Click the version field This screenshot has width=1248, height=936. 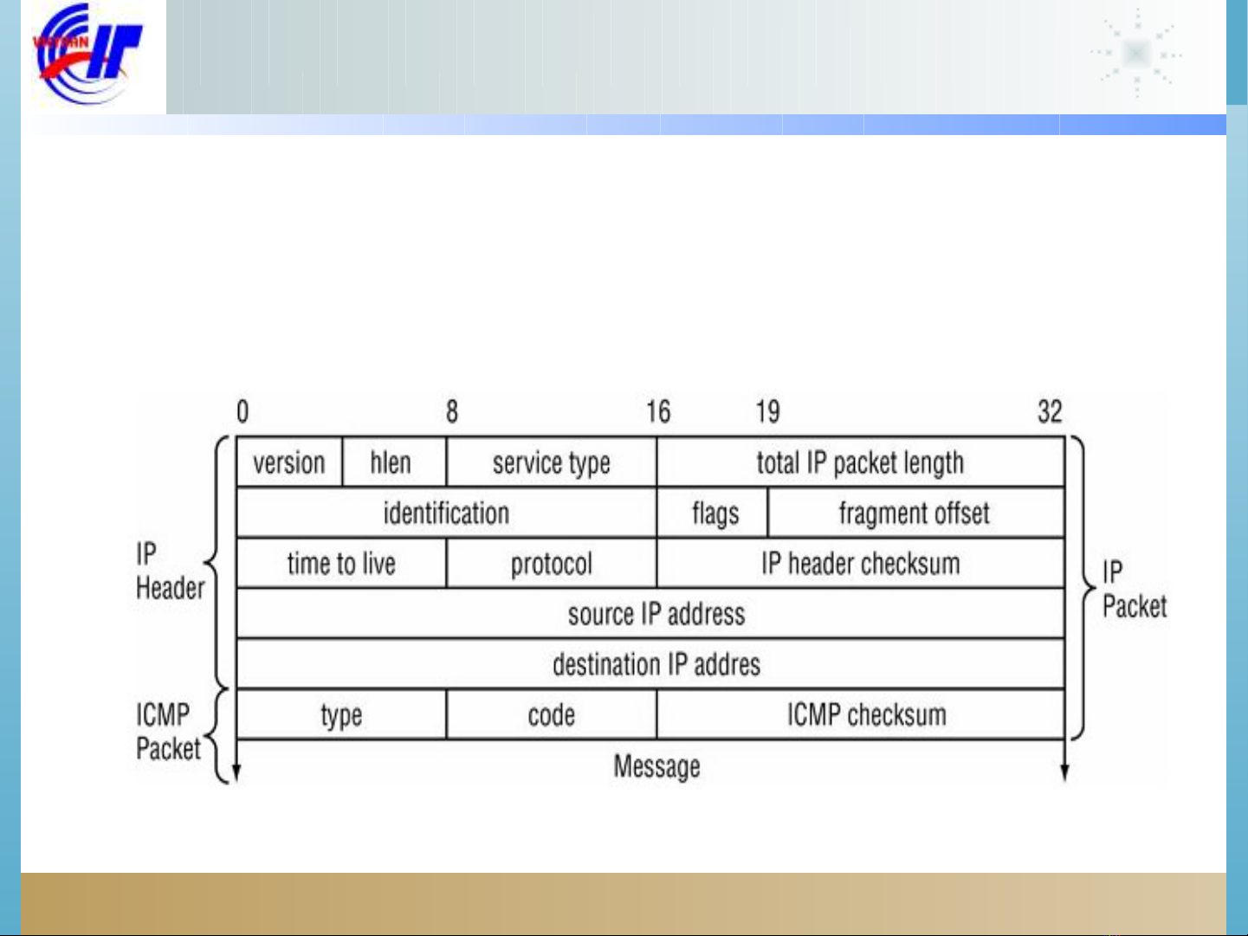pos(289,462)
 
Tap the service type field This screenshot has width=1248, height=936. pos(552,462)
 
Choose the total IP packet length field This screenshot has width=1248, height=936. pos(860,462)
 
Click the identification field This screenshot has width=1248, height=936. pos(446,513)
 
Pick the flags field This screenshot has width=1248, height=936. pos(714,513)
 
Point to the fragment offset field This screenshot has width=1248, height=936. pos(915,513)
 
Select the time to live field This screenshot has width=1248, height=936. pos(341,563)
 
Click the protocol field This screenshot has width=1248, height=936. pos(552,563)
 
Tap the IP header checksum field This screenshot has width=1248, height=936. pos(860,563)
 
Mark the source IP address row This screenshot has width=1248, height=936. pos(656,614)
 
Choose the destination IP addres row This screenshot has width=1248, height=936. pos(656,664)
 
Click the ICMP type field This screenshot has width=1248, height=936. pos(341,715)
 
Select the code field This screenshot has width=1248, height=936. pos(552,715)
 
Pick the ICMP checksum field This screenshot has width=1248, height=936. pos(865,715)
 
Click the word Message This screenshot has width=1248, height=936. pos(656,766)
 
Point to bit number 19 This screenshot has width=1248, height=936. pos(767,411)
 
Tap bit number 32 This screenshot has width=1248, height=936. pos(1050,411)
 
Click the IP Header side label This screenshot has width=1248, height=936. pos(169,571)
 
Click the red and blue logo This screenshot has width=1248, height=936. pos(88,54)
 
